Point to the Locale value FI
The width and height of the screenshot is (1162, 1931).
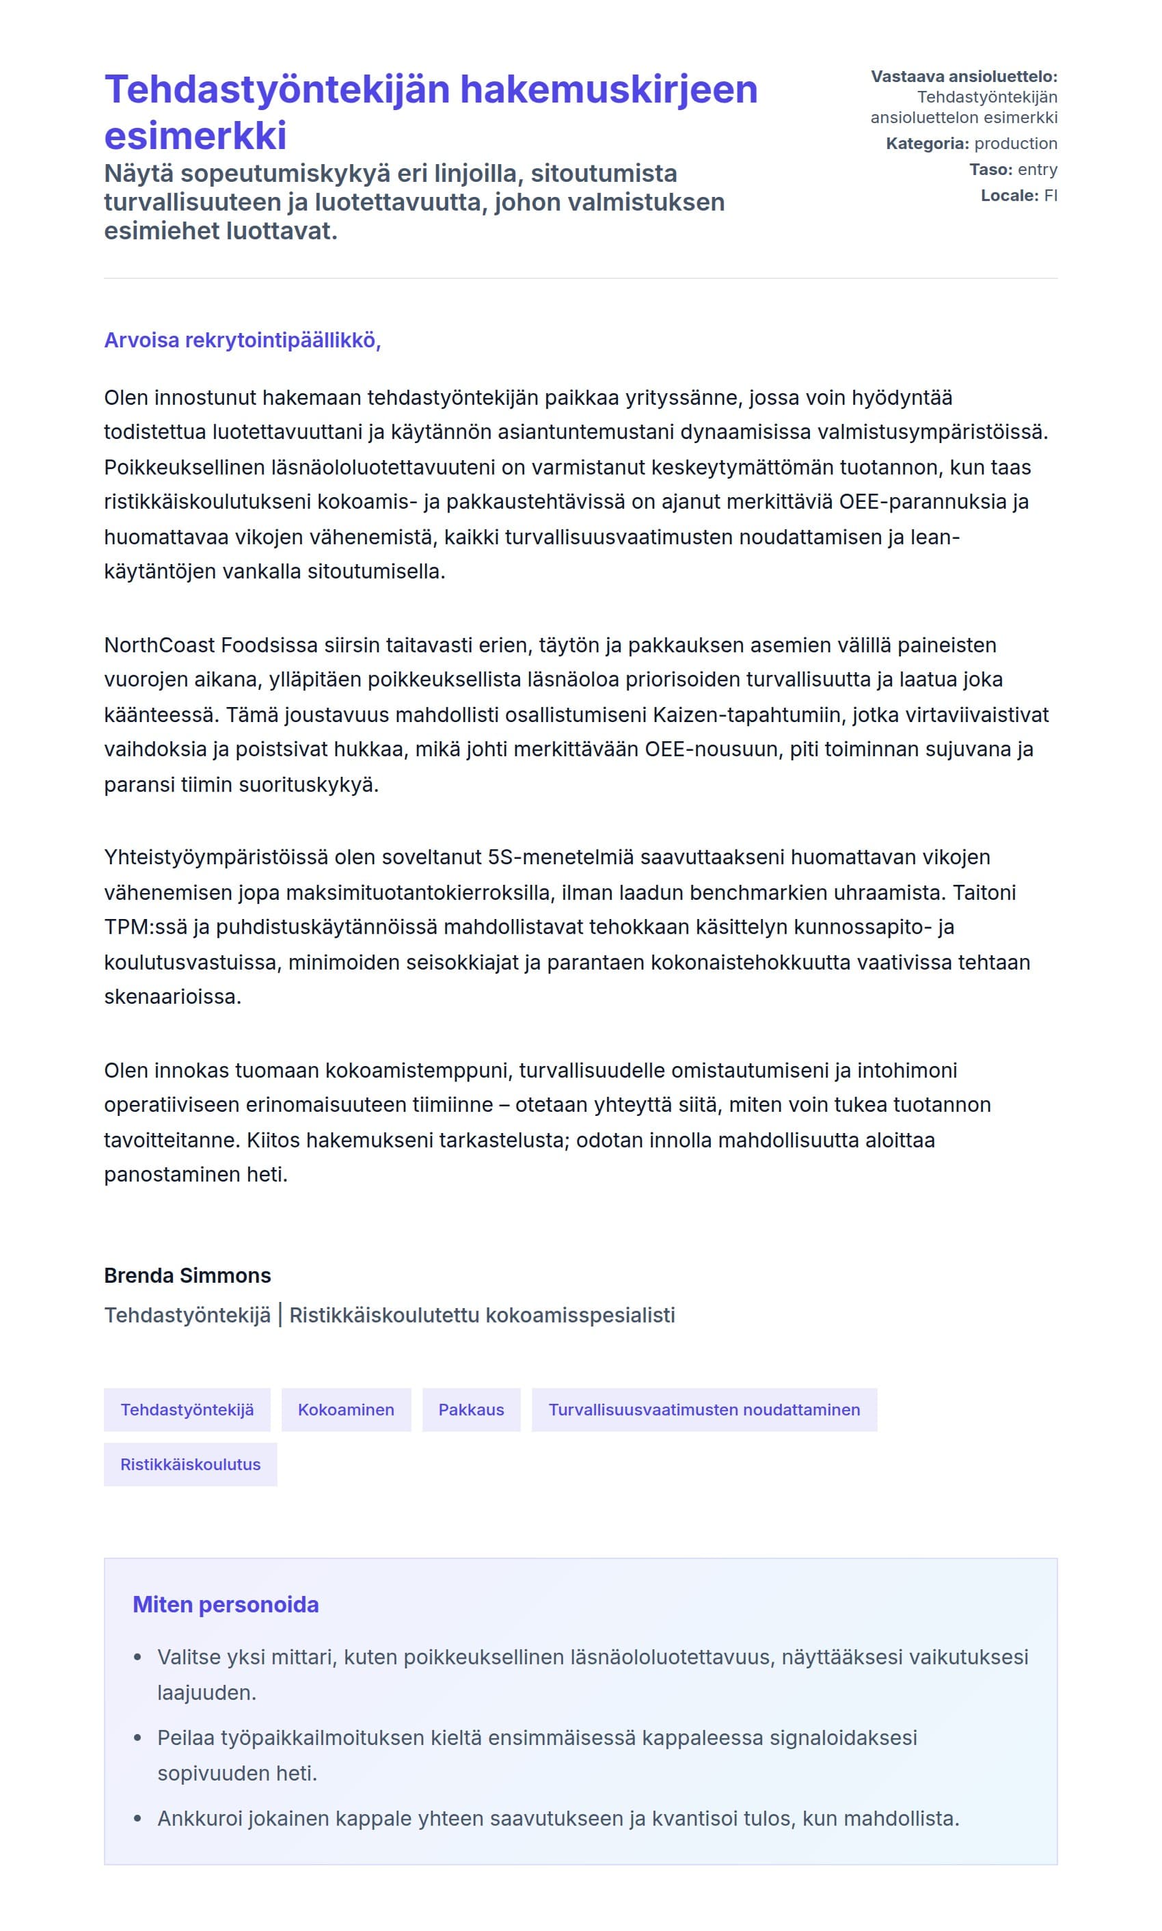point(1050,196)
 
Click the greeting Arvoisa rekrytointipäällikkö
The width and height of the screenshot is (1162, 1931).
point(242,341)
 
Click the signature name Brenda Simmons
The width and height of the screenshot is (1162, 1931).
point(187,1275)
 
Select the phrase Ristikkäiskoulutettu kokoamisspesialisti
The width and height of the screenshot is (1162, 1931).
point(482,1316)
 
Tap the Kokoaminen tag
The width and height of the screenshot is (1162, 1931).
point(345,1410)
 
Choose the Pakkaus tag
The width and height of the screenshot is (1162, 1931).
point(470,1410)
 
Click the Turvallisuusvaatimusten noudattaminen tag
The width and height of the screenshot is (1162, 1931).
point(703,1410)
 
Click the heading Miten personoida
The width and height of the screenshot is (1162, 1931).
point(226,1606)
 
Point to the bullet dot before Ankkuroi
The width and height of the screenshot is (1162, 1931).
point(138,1818)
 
